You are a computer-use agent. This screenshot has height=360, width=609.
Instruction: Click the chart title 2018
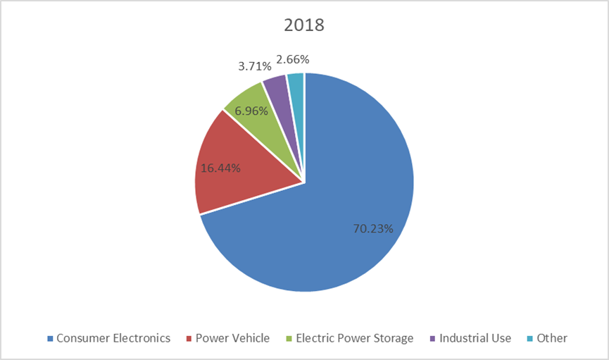tap(304, 25)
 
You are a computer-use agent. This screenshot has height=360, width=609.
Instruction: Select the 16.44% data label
tap(220, 168)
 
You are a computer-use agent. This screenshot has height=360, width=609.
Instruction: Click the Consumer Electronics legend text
tap(113, 338)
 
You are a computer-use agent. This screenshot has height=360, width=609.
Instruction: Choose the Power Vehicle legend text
tap(232, 338)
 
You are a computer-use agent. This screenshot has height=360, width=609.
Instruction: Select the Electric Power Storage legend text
tap(355, 338)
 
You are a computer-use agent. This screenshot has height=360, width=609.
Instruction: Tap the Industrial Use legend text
tap(475, 338)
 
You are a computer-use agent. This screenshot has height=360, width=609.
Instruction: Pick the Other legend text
tap(552, 338)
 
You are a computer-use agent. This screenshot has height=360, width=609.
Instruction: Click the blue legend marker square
tap(50, 339)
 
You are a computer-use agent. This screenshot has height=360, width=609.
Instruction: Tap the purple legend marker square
tap(432, 339)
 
